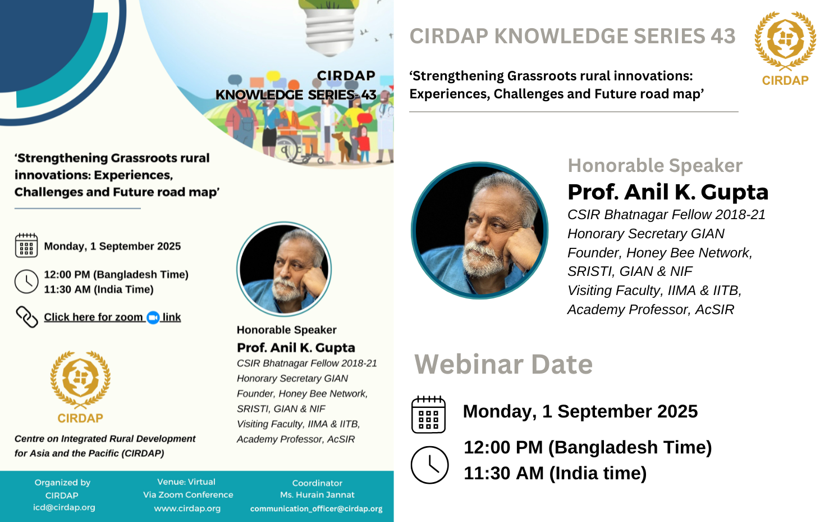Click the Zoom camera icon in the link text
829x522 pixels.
(153, 317)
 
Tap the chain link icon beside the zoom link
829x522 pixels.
(26, 317)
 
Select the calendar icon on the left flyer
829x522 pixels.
(26, 245)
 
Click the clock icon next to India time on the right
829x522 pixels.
(429, 465)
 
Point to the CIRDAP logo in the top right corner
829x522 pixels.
(785, 48)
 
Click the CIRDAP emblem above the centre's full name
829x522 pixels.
(80, 387)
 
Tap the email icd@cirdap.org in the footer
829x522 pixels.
(64, 507)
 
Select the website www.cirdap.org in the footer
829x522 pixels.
(187, 509)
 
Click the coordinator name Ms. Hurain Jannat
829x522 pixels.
(317, 494)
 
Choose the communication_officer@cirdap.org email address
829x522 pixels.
(317, 509)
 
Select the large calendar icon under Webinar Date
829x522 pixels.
(429, 414)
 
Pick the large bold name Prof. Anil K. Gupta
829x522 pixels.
(668, 192)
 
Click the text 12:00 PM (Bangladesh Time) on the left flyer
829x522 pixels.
(116, 275)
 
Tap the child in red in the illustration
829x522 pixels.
(364, 144)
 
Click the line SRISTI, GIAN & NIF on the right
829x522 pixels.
(630, 271)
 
